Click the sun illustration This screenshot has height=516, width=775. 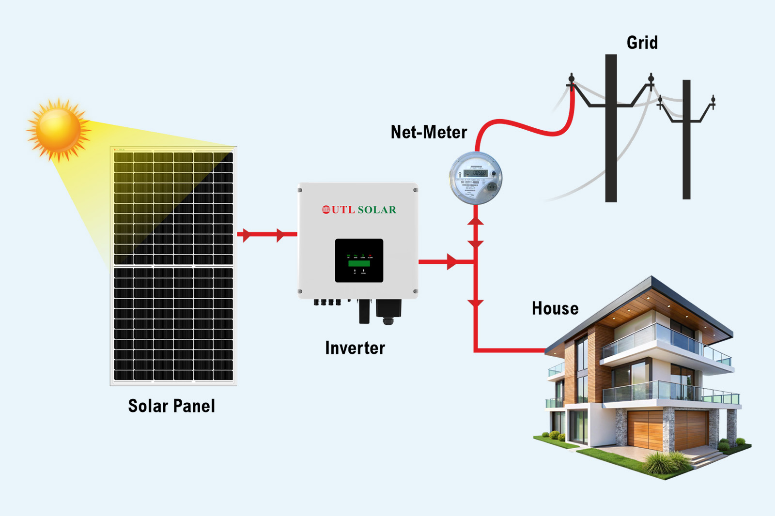coord(58,129)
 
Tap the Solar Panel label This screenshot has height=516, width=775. coord(171,406)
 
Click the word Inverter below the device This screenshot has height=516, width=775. coord(355,348)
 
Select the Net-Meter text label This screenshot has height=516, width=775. coord(429,132)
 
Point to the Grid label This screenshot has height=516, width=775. coord(642,43)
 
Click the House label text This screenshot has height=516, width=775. coord(555,308)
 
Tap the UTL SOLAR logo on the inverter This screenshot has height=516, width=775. coord(359,210)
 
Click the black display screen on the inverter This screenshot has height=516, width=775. coord(359,260)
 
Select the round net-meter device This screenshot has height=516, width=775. coord(475,178)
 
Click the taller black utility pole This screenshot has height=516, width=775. coord(611,145)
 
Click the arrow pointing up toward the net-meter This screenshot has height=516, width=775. coord(476,221)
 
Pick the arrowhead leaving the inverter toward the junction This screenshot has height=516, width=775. coord(451,262)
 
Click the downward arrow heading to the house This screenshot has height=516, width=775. coord(476,304)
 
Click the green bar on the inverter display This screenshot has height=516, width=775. coord(359,264)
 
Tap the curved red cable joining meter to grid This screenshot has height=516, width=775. coord(523,127)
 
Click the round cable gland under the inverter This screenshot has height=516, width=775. coord(388,320)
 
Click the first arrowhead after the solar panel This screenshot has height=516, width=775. coord(246,235)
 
